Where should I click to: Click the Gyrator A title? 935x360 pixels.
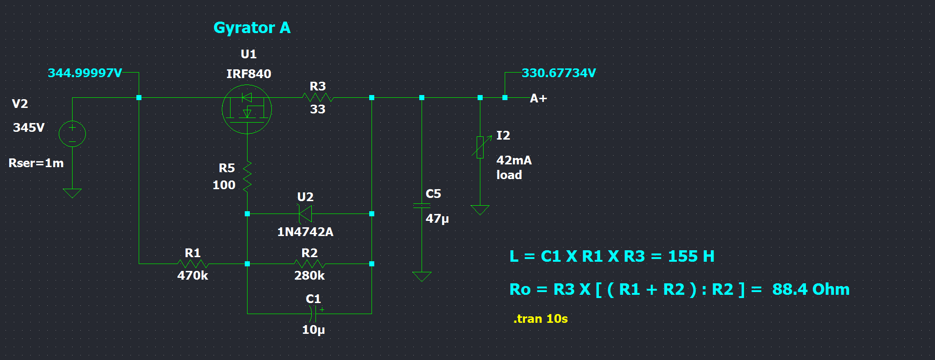[252, 28]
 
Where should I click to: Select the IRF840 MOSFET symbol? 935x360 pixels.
[247, 109]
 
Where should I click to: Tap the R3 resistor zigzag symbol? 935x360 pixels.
[318, 97]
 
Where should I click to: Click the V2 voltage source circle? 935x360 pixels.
[72, 134]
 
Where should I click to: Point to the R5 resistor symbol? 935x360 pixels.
[248, 176]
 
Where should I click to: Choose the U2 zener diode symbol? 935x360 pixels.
[305, 214]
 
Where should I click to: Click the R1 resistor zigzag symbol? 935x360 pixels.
[193, 264]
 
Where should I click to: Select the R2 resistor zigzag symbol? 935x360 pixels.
[310, 264]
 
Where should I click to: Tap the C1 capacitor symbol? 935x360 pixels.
[314, 314]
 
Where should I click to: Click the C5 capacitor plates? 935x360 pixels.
[422, 206]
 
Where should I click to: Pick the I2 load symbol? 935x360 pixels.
[480, 147]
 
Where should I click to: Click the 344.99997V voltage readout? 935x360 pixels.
[85, 73]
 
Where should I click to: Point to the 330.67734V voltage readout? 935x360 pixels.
[559, 73]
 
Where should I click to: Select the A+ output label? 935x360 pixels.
[538, 98]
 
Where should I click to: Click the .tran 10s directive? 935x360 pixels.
[541, 319]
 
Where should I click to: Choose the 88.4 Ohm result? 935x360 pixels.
[811, 289]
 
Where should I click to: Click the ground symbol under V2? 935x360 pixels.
[72, 193]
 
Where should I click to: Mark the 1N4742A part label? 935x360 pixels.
[305, 232]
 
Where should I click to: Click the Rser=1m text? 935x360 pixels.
[36, 163]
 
